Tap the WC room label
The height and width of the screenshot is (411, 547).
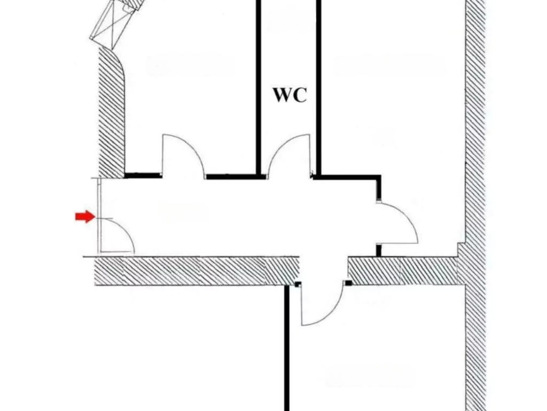click(x=290, y=95)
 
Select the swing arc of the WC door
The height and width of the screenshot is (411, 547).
click(x=289, y=147)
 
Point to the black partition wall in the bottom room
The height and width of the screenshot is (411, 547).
click(x=287, y=348)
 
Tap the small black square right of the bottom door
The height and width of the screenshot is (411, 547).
click(x=348, y=283)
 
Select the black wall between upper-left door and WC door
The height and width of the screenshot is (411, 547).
click(x=231, y=176)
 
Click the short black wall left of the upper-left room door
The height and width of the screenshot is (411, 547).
click(x=143, y=175)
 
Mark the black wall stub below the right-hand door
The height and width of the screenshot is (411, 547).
click(x=379, y=249)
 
